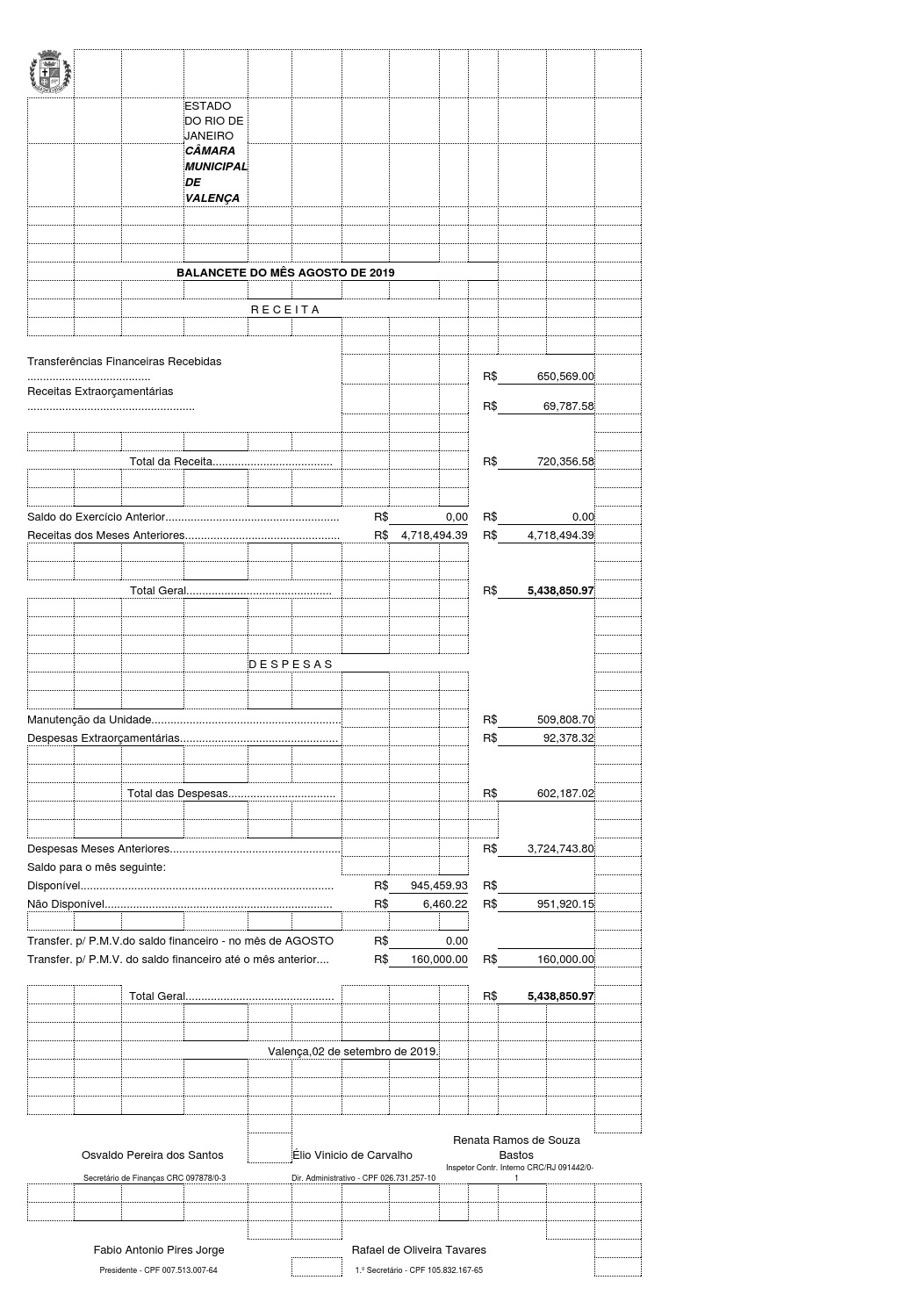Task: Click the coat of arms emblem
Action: coord(50,74)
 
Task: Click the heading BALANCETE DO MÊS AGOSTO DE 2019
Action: coord(285,273)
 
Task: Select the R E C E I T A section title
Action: coord(285,310)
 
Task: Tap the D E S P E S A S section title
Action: coord(291,665)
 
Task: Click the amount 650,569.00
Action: coord(565,377)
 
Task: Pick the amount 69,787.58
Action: coord(568,406)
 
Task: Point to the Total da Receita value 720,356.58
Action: coord(565,462)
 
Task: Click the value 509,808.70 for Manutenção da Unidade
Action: coord(565,720)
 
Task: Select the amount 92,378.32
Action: coord(568,738)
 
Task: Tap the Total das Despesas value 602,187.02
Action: coord(565,794)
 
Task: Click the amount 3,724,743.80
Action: coord(560,849)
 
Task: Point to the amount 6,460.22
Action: coord(445,904)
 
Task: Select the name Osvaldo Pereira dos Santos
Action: coord(153,1155)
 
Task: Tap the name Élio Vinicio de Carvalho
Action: coord(352,1155)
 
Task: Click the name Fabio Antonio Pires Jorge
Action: coord(159,1250)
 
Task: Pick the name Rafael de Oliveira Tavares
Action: coord(419,1250)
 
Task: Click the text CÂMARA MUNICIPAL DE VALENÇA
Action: coord(216,175)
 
